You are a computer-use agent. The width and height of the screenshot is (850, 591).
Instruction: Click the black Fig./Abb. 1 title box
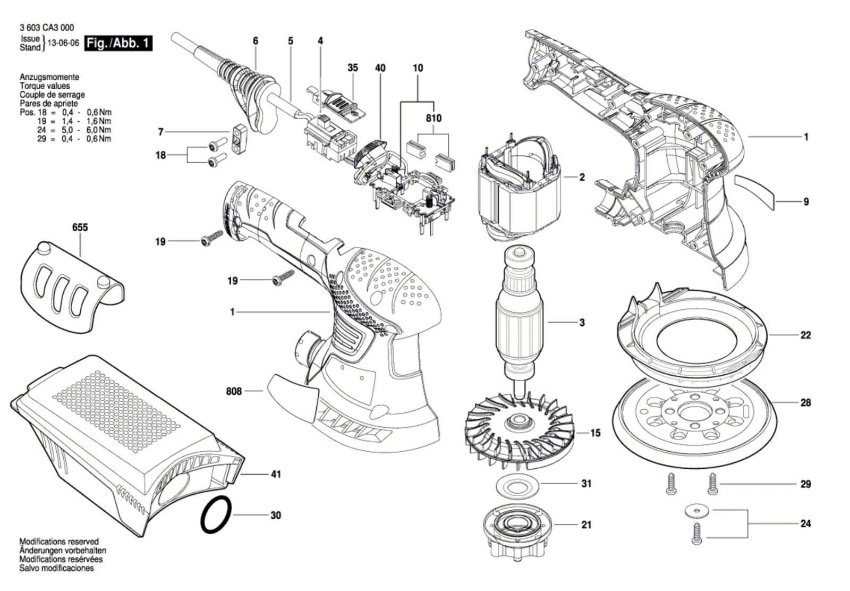118,43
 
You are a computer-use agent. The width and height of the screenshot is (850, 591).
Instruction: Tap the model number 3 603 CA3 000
47,27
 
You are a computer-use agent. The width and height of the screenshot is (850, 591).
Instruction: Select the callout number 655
80,227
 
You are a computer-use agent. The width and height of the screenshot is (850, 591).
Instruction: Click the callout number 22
805,335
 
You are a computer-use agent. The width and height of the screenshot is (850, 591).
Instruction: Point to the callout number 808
234,391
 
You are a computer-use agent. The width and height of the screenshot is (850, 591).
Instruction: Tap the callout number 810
433,119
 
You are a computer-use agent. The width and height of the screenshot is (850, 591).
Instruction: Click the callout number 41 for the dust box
276,474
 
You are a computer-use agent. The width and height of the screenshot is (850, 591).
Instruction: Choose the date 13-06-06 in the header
63,43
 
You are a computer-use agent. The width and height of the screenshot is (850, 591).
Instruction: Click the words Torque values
45,86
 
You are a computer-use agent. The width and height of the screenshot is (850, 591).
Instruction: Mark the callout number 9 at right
806,201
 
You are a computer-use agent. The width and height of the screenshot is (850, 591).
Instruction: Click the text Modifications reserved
59,542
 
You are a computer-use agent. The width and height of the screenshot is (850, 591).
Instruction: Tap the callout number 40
380,68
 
